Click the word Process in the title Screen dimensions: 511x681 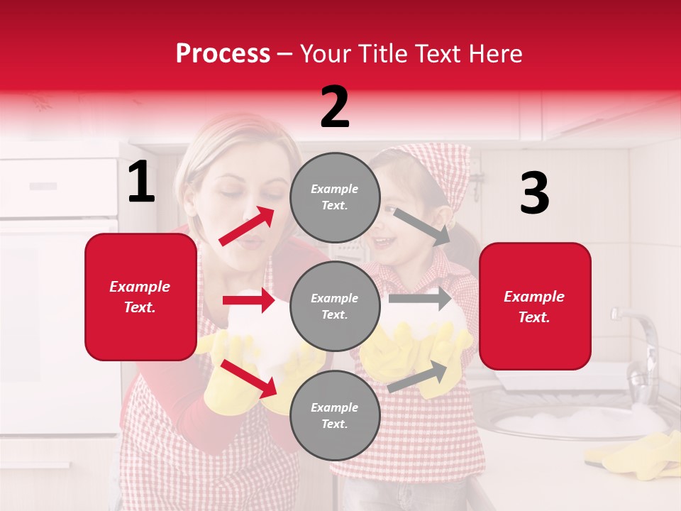[223, 53]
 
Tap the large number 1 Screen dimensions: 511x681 [141, 182]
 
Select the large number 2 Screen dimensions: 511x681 [335, 107]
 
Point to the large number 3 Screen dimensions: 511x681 [534, 194]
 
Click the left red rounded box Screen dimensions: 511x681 [140, 297]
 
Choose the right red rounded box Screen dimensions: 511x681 [535, 307]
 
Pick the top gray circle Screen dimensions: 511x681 [335, 197]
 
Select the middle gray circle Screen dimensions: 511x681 [335, 307]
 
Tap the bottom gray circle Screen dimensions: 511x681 [335, 415]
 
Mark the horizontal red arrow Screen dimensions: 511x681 [248, 300]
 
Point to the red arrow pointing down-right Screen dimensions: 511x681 [248, 378]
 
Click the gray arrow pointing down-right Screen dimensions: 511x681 [423, 226]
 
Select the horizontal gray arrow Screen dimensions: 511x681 [420, 298]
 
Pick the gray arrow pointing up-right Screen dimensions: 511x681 [418, 377]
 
